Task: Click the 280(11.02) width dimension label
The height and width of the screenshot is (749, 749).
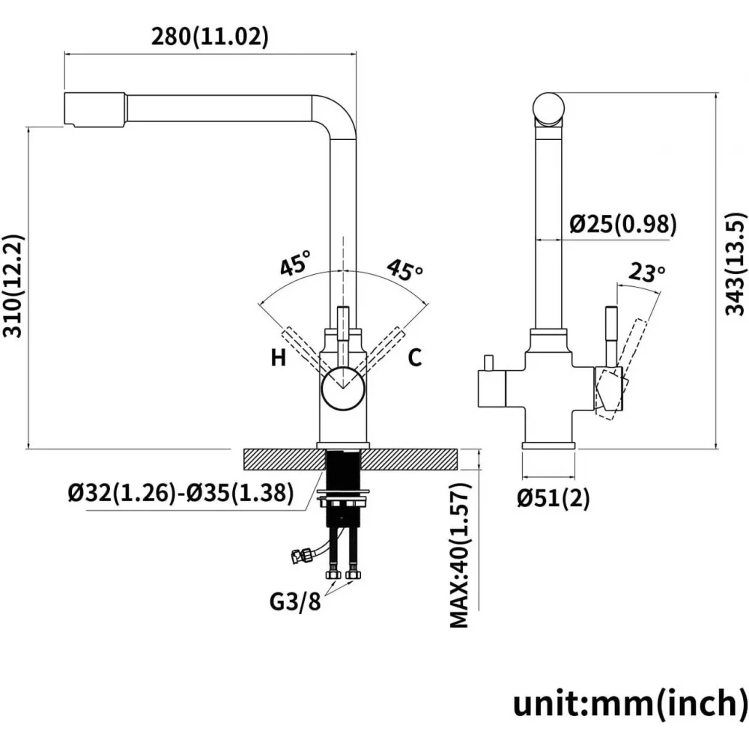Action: pos(210,37)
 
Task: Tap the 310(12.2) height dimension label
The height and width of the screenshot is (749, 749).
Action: pos(13,286)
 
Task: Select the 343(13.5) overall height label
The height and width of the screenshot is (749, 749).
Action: pos(736,264)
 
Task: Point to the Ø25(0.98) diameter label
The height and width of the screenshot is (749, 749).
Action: pos(623,224)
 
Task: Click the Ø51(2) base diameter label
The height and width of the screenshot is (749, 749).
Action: pos(554,498)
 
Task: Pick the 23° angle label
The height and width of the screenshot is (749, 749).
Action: pos(646,273)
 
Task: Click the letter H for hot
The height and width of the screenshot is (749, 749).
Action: pos(279,357)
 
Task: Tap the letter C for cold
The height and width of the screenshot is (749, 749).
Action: pos(415,357)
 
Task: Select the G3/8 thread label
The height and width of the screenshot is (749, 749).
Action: pos(295,601)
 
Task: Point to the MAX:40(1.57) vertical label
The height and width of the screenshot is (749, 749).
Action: pos(461,555)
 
